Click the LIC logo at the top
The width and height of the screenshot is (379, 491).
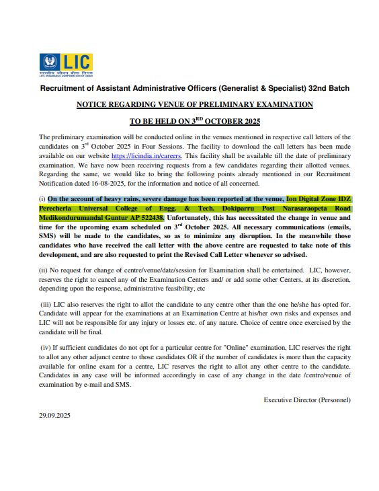65,65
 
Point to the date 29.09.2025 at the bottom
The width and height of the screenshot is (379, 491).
54,416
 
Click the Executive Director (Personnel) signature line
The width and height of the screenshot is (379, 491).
306,400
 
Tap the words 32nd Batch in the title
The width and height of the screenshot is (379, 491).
329,88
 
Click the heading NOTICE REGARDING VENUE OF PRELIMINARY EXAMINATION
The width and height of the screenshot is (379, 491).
194,104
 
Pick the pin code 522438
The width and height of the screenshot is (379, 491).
149,218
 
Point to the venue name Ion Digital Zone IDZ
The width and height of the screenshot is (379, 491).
318,199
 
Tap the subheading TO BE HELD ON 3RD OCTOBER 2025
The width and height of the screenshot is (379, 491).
194,121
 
